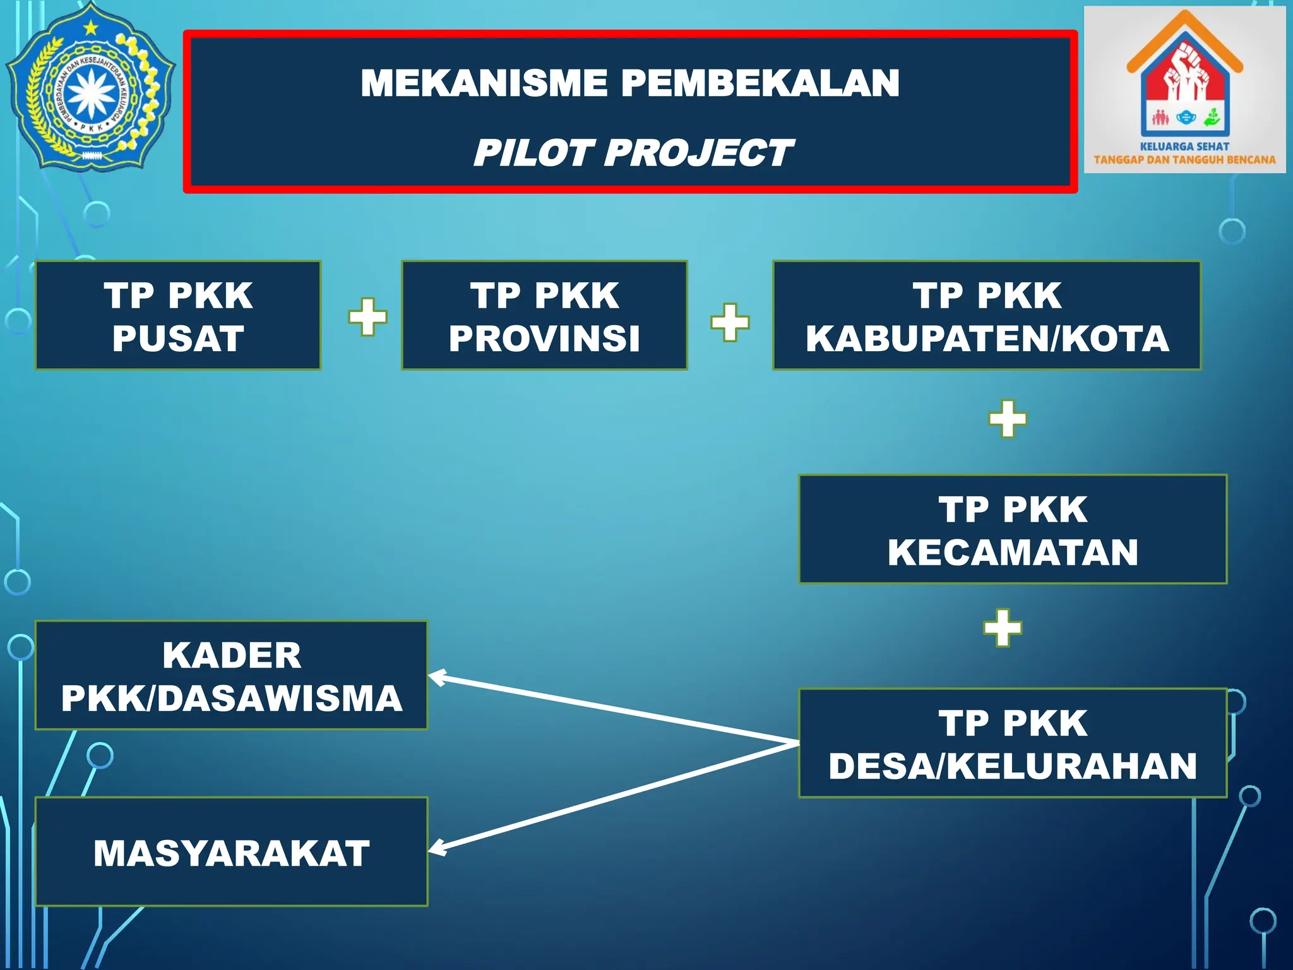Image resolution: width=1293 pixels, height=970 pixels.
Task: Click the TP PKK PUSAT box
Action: coord(178,316)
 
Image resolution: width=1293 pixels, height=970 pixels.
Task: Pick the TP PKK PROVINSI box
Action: coord(544,316)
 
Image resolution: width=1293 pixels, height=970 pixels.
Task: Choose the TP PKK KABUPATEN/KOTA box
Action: coord(987,316)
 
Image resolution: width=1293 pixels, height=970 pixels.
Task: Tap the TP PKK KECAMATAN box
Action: coord(1013,529)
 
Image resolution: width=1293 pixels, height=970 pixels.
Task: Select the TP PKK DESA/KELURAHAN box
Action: coord(1013,743)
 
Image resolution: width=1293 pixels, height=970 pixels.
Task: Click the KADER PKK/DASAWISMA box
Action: coord(232,676)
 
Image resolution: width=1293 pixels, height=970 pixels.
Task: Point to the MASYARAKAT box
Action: coord(232,852)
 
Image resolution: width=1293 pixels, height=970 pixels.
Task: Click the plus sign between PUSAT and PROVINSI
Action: coord(367,317)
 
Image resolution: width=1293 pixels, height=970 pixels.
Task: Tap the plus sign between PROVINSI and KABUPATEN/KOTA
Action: coord(730,323)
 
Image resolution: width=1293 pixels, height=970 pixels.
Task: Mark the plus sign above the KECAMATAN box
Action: coord(1008,419)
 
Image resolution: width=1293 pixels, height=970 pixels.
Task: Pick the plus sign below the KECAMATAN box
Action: coord(1003,628)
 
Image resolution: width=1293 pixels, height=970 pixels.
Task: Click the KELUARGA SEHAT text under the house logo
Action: coord(1184,147)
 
